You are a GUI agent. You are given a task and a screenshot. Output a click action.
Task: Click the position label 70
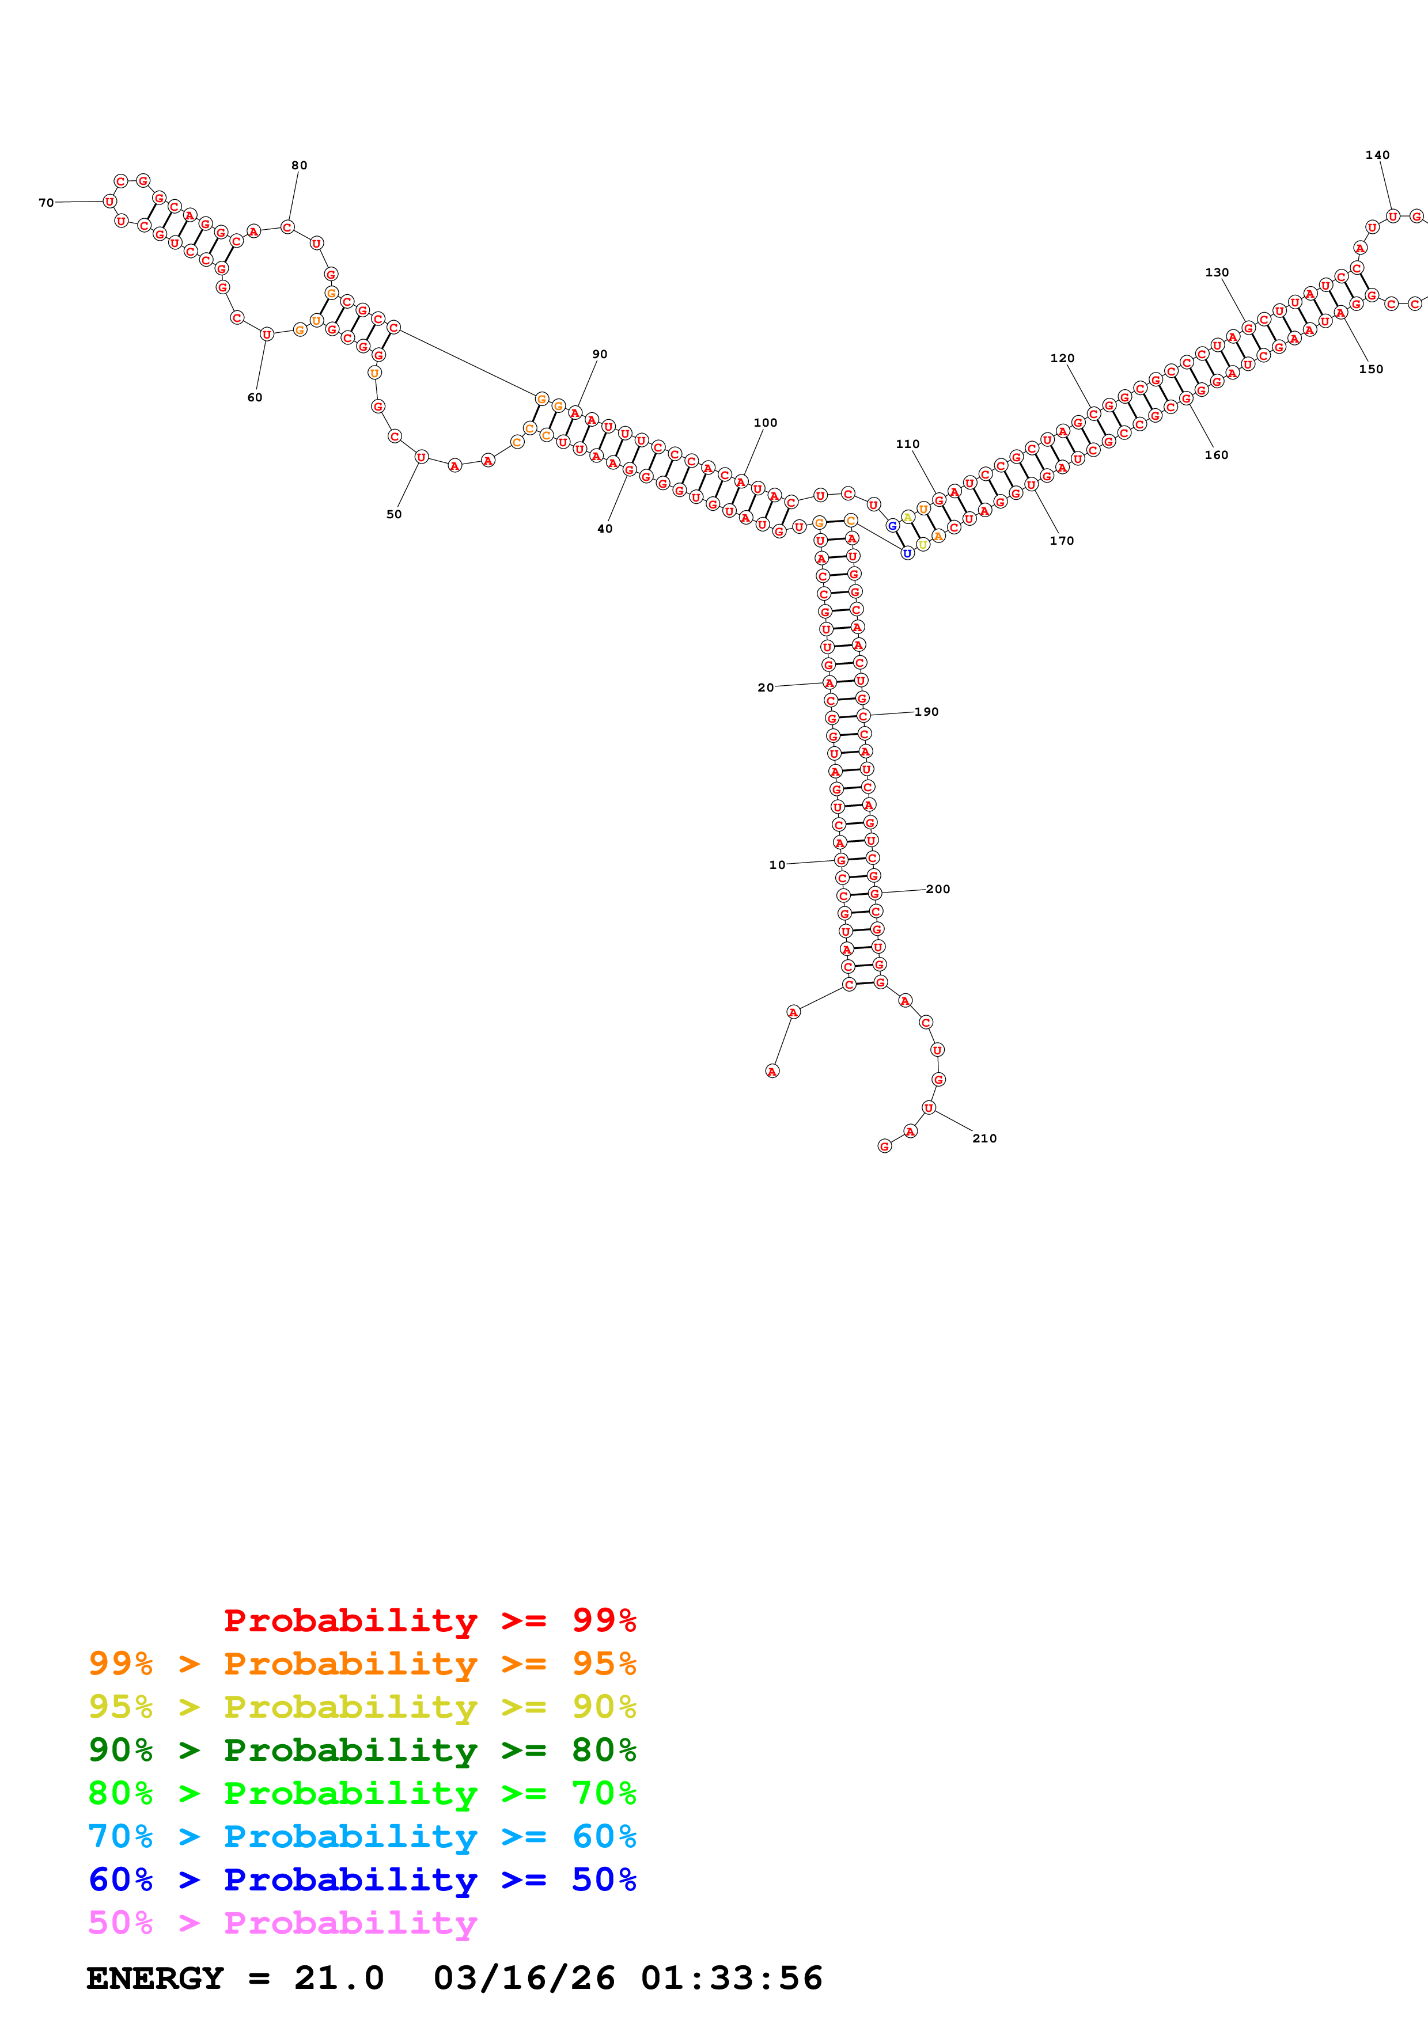tap(46, 202)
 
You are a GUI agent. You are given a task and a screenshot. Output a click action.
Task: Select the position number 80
tap(299, 165)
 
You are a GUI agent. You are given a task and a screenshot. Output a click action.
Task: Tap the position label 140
tap(1377, 155)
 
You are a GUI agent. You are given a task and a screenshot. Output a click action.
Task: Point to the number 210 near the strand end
tap(984, 1138)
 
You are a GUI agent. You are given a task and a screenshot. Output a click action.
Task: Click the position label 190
tap(926, 712)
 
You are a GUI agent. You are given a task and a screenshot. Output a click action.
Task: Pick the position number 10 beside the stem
tap(777, 865)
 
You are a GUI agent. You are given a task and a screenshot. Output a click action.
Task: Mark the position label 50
tap(393, 515)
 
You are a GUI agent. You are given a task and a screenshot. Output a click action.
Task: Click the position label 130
tap(1216, 273)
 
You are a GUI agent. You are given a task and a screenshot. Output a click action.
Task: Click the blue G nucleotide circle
tap(892, 526)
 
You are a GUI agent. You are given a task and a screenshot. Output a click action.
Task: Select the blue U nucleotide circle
tap(907, 553)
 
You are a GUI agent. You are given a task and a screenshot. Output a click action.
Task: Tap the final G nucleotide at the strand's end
tap(884, 1146)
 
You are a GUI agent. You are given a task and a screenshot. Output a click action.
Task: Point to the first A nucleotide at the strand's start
tap(772, 1072)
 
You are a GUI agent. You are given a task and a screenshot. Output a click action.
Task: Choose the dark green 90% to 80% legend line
tap(362, 1750)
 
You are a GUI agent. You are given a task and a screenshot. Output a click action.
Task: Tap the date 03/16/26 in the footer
tap(524, 1978)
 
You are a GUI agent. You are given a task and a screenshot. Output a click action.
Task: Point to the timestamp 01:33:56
tap(731, 1978)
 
